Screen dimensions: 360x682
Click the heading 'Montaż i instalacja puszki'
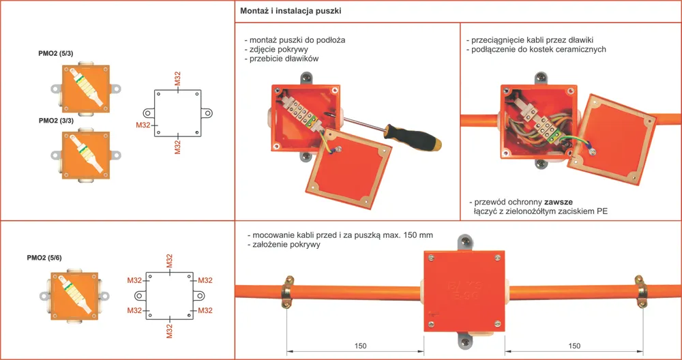click(x=291, y=12)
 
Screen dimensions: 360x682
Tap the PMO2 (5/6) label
click(x=44, y=258)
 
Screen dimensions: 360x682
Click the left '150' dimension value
click(x=360, y=346)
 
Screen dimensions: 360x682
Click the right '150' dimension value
click(x=574, y=346)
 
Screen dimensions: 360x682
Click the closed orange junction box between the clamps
click(x=464, y=290)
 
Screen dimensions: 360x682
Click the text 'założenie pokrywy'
click(x=285, y=245)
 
